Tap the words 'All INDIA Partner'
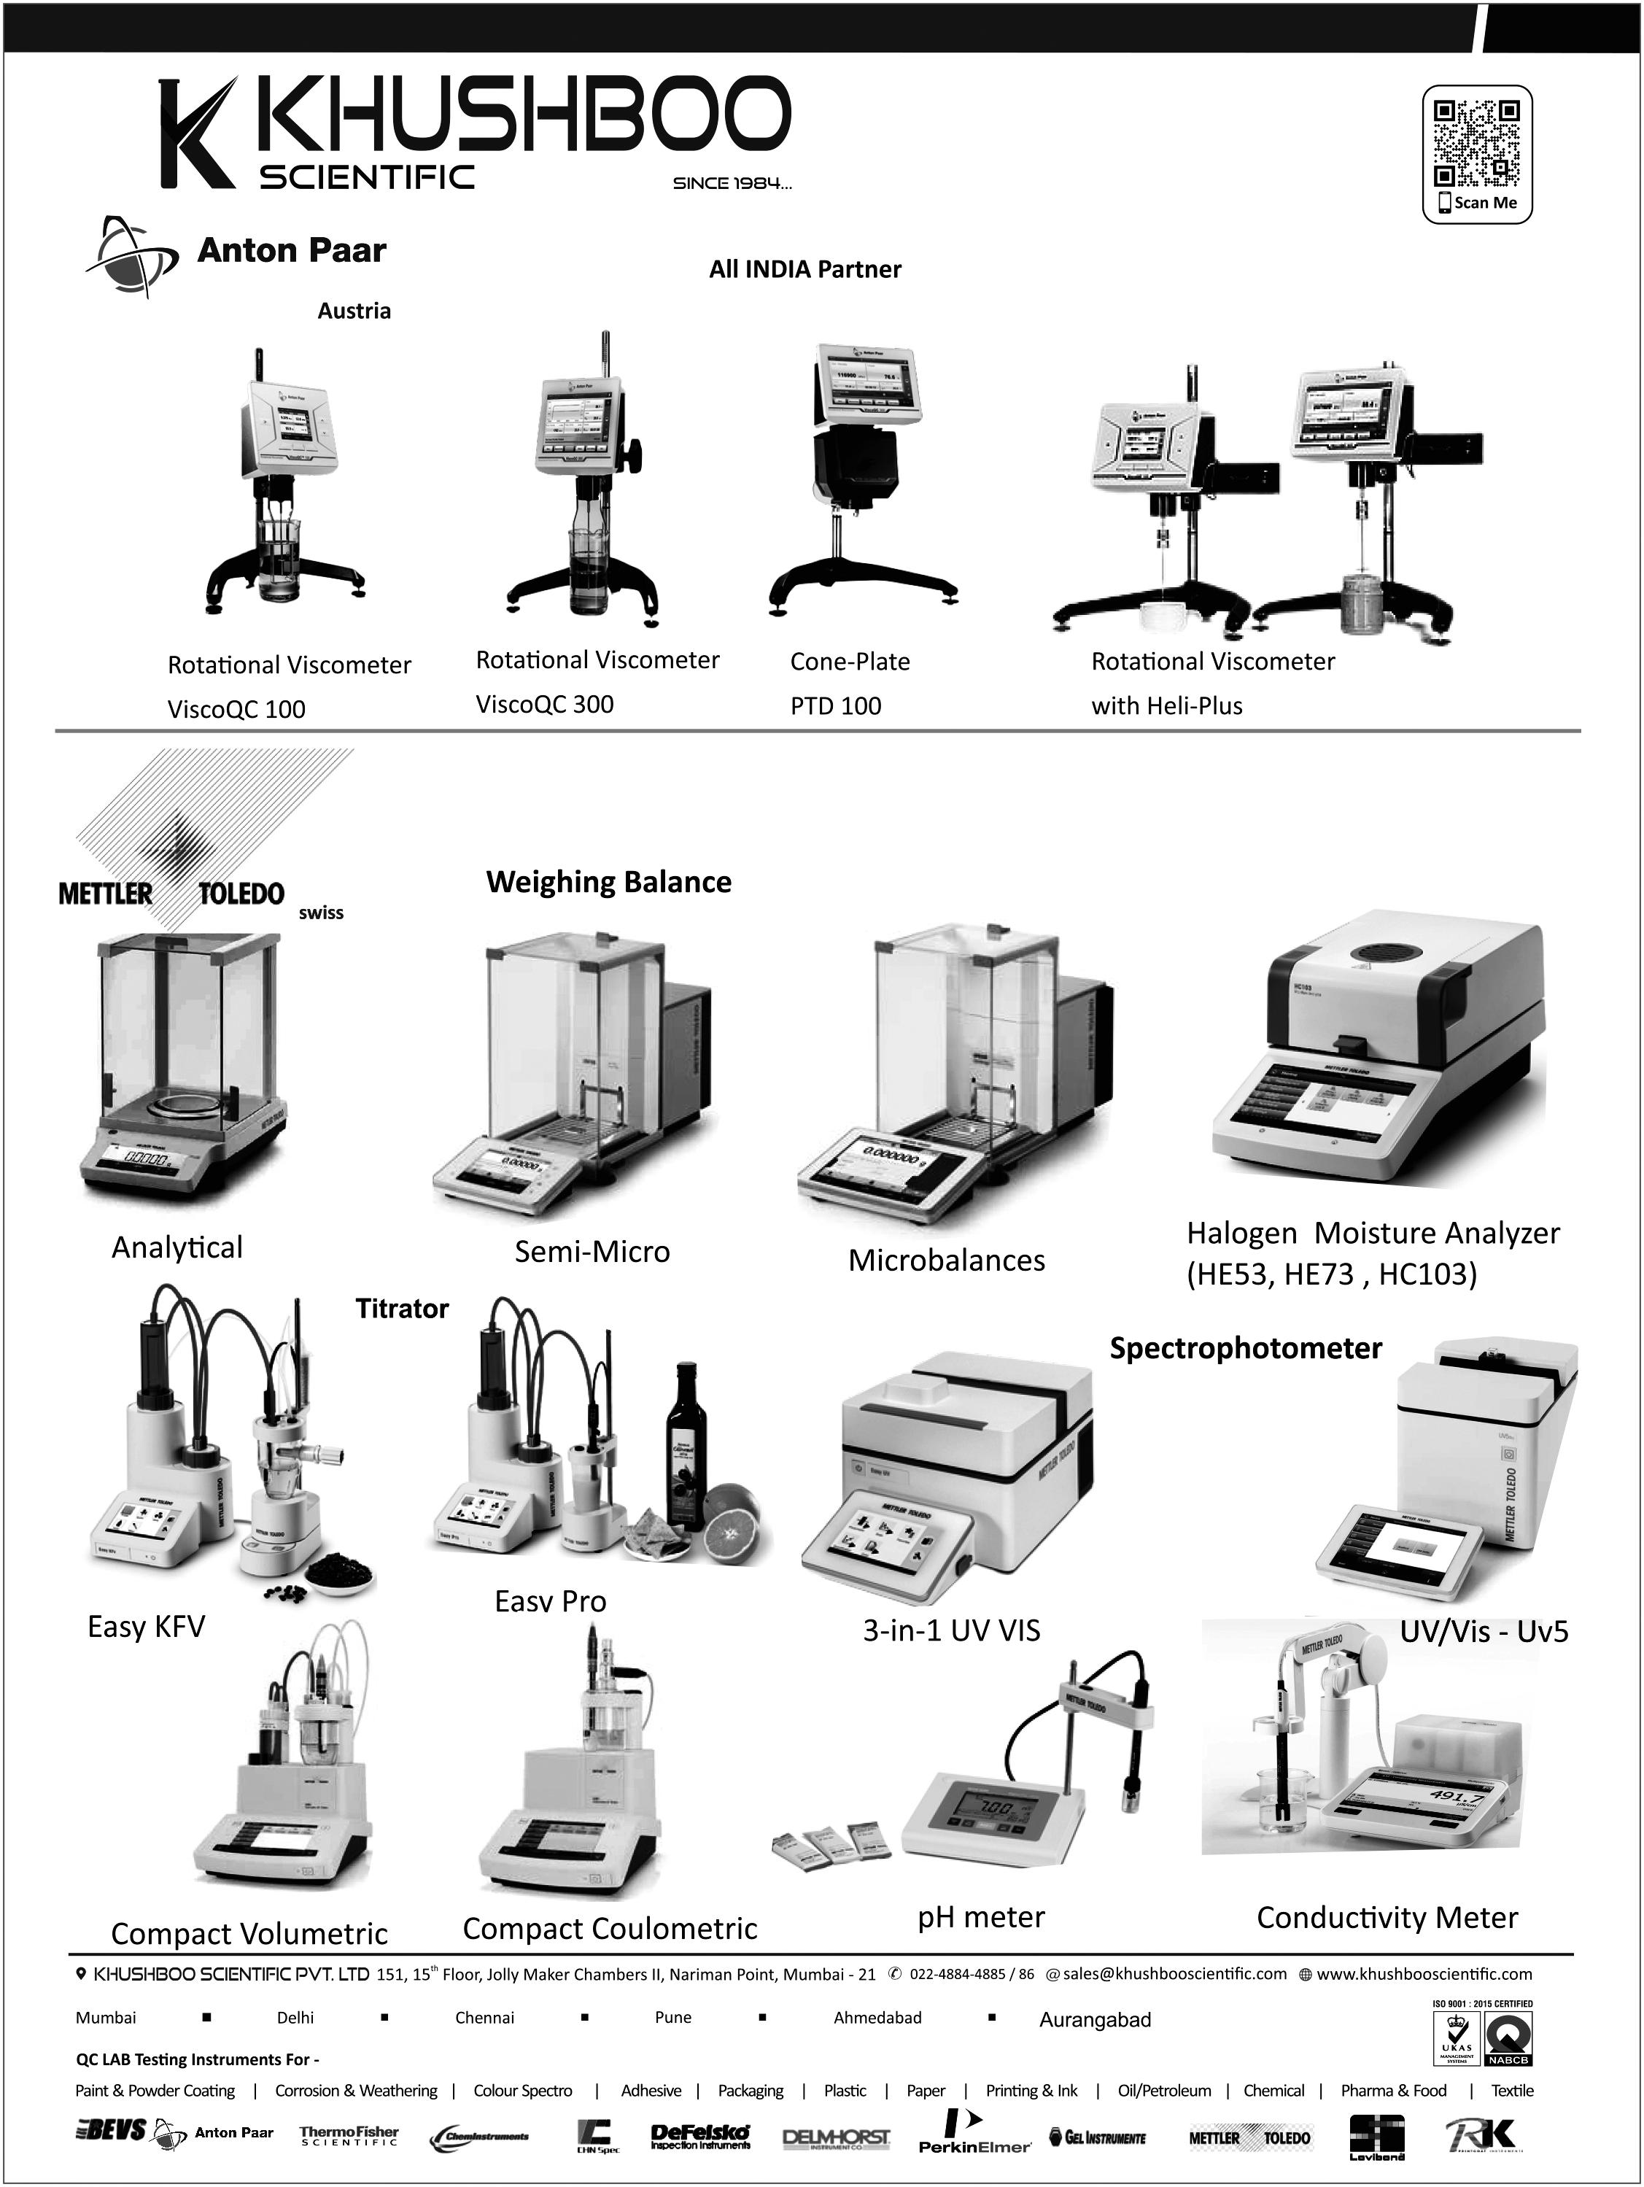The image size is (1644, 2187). coord(804,269)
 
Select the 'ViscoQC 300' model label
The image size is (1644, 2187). coord(545,704)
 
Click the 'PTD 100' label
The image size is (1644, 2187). coord(835,706)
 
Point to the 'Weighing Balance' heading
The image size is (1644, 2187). coord(608,882)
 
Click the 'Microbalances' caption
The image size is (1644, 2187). coord(946,1261)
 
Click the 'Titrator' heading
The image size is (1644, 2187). coord(401,1309)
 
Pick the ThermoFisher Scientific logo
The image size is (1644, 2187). coord(349,2136)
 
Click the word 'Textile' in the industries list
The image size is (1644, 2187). coord(1511,2090)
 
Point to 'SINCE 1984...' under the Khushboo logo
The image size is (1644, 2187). coord(732,183)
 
